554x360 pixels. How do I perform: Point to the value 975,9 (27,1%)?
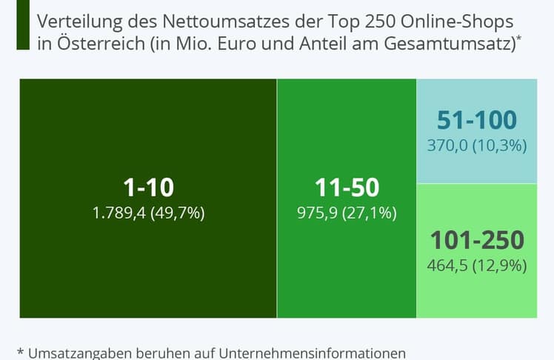click(347, 213)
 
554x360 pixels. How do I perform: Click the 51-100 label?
click(476, 120)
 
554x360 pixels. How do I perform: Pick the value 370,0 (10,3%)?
click(476, 145)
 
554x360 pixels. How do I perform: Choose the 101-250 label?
click(476, 240)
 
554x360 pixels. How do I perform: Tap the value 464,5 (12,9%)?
click(476, 264)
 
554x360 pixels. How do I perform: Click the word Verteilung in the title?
click(76, 19)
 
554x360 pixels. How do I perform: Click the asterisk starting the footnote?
click(20, 350)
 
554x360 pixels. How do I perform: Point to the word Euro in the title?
click(235, 43)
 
